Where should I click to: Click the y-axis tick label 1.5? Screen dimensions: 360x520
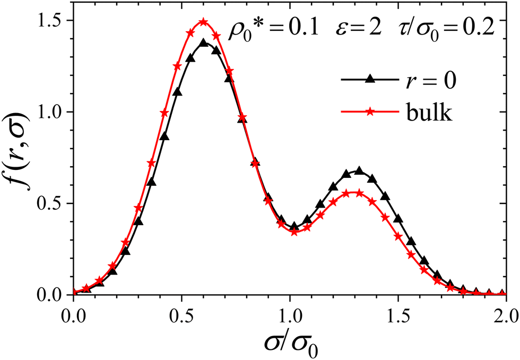pos(54,20)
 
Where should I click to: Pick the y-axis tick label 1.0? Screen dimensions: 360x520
pos(54,112)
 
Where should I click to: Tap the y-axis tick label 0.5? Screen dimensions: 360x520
pos(54,203)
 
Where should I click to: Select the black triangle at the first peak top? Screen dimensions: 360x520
pos(203,42)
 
